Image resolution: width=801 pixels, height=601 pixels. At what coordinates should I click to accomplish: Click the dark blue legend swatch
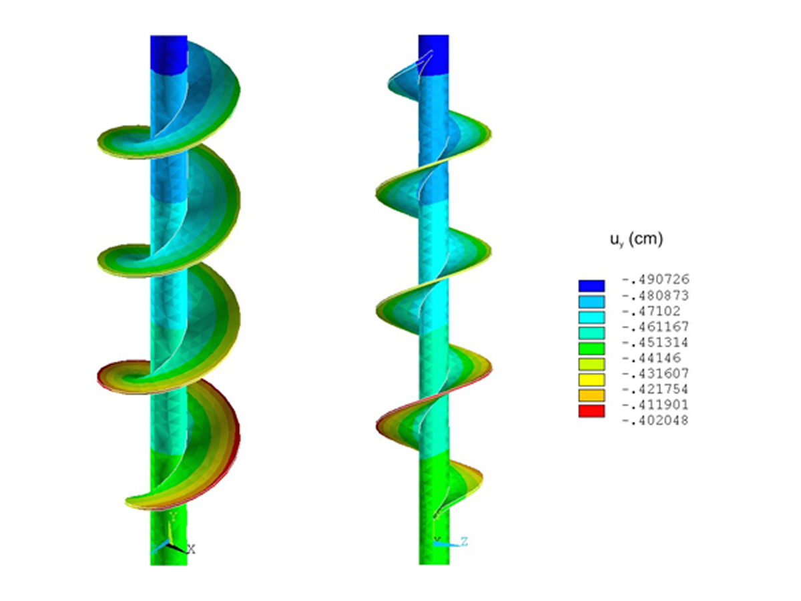pos(591,286)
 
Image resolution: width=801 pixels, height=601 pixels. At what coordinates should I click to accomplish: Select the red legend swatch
pos(591,411)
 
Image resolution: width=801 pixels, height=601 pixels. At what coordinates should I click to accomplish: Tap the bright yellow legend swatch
pos(591,379)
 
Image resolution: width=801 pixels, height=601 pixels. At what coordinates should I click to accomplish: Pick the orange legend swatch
pos(591,395)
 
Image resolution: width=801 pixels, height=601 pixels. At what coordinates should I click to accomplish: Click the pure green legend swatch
pos(591,348)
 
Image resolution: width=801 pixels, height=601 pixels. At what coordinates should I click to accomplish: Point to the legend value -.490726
pos(655,280)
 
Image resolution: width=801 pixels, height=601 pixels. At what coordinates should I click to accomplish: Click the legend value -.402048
pos(655,421)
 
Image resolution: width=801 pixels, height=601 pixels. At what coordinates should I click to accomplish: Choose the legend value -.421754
pos(655,389)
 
